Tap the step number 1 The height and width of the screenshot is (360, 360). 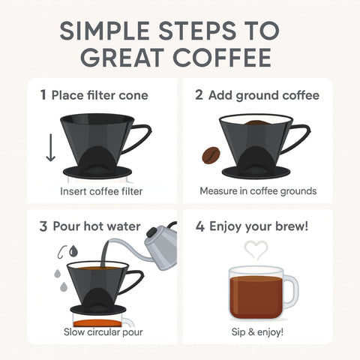(43, 95)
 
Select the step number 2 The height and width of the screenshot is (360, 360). (199, 95)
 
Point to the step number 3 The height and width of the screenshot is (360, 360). (43, 226)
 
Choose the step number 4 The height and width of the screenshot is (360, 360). (199, 226)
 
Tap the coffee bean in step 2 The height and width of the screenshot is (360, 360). (209, 155)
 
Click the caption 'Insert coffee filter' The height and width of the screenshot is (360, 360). (101, 191)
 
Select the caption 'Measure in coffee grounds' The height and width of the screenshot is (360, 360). (258, 191)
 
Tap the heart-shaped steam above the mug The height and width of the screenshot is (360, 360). (257, 250)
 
